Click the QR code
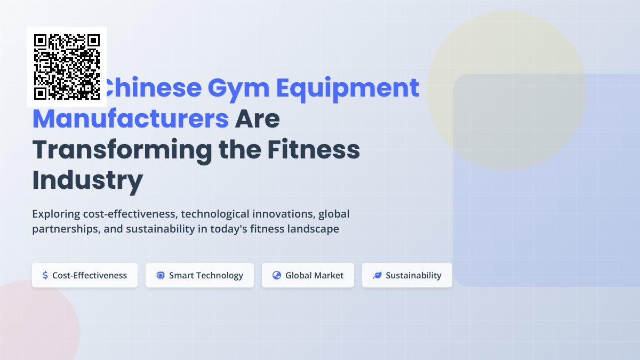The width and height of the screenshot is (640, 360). click(x=67, y=67)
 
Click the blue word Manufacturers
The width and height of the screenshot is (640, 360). click(x=131, y=119)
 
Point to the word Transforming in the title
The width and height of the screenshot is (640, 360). click(x=122, y=150)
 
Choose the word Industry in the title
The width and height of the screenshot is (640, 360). click(x=87, y=180)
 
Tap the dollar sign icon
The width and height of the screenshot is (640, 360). click(x=45, y=275)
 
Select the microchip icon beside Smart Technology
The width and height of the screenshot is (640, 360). click(x=160, y=275)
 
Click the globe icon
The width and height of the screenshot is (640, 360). click(x=276, y=275)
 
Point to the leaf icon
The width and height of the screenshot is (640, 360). click(x=377, y=275)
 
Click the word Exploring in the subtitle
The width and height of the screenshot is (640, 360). click(x=56, y=214)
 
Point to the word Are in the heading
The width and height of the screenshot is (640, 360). click(x=258, y=119)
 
